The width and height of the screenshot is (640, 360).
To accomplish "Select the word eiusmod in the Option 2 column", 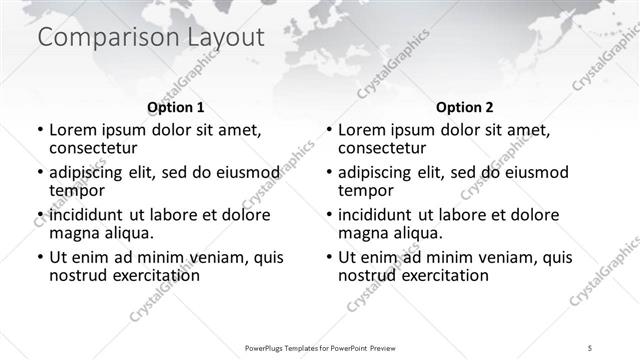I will [508, 172].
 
